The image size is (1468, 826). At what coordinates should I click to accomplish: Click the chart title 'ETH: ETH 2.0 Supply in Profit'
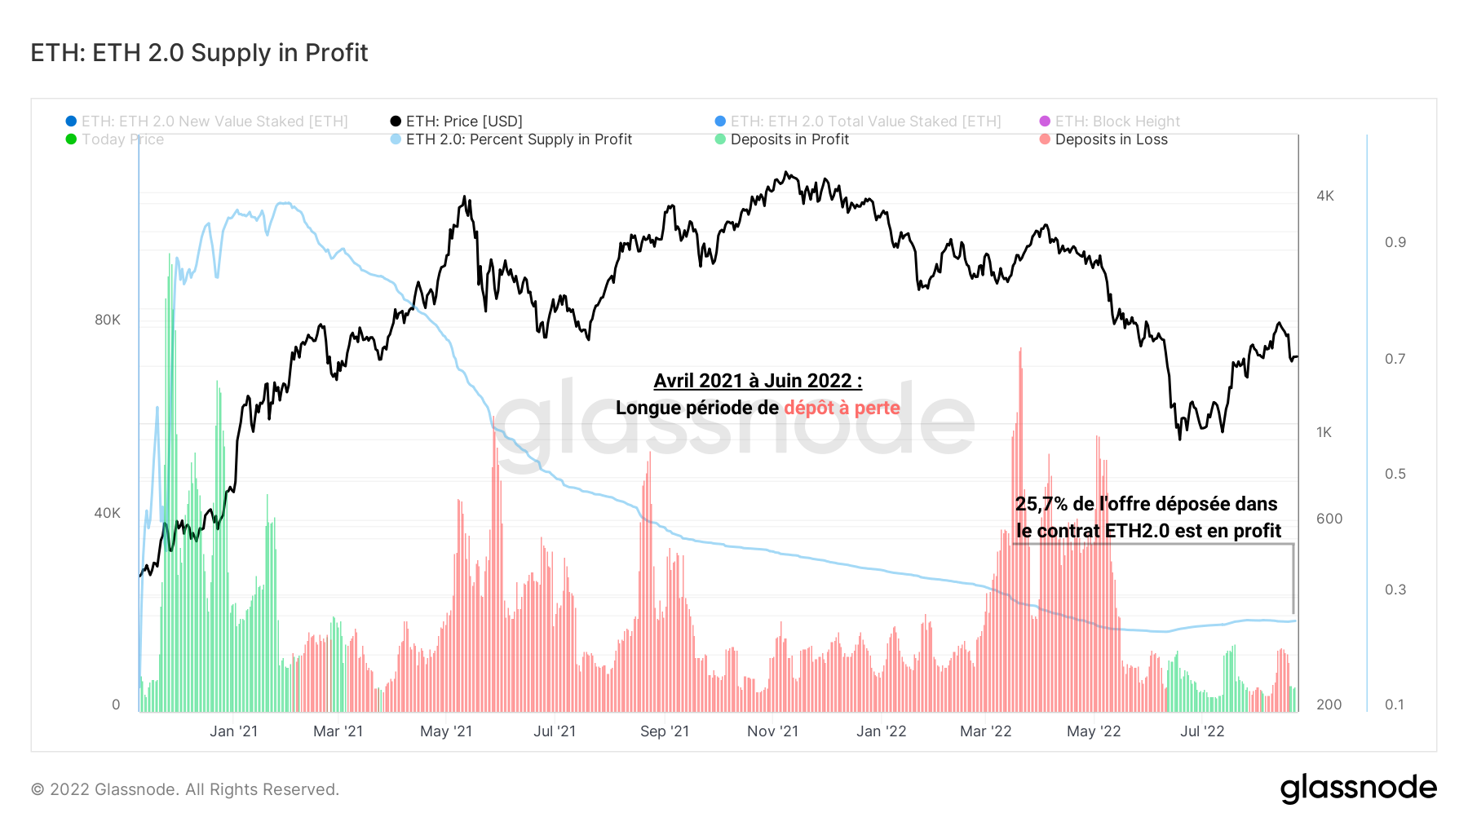pos(199,53)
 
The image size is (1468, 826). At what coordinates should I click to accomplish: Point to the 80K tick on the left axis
pos(107,320)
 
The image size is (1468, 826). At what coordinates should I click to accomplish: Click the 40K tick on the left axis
pos(107,513)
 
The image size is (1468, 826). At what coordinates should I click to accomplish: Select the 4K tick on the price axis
pos(1325,196)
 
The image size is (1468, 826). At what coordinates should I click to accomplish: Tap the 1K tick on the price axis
pos(1324,432)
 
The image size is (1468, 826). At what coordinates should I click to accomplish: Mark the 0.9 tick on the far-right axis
pos(1395,242)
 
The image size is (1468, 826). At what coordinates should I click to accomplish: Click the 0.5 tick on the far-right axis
pos(1395,474)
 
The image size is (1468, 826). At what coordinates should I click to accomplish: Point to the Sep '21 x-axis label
pos(665,731)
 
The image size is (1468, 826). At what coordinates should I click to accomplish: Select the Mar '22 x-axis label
pos(985,731)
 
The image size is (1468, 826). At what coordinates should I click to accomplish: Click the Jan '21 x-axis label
pos(233,731)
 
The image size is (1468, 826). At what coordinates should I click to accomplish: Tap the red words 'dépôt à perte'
pos(842,408)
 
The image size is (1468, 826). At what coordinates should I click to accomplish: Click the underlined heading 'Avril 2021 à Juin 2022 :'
pos(758,381)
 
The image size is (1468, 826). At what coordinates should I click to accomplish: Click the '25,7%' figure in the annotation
pos(1041,504)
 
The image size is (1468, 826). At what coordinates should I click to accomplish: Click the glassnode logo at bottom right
pos(1358,788)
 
